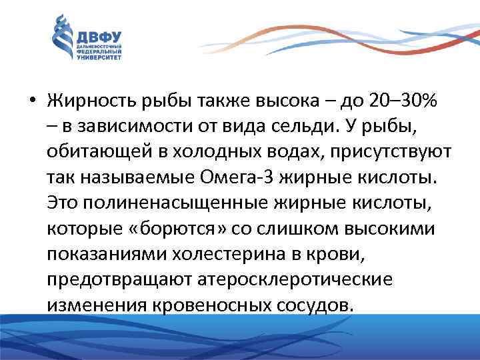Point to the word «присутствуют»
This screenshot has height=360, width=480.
click(392, 153)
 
